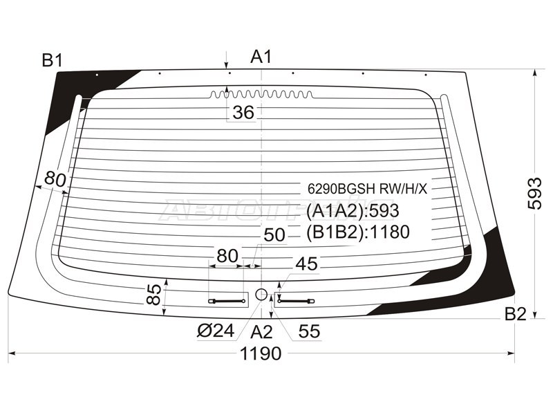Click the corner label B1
tap(53, 60)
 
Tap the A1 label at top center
tap(261, 57)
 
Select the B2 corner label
tap(515, 314)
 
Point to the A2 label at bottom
tap(261, 332)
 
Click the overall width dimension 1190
tap(261, 353)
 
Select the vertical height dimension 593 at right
tap(534, 194)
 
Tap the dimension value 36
tap(243, 113)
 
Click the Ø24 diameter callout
tap(216, 331)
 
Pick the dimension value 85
tap(153, 295)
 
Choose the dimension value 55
tap(309, 331)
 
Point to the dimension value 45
tap(306, 264)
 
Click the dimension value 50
tap(274, 235)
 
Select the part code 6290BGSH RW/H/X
tap(367, 189)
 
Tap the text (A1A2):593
tap(353, 211)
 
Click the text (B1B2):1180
tap(358, 232)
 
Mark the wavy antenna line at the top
tap(261, 94)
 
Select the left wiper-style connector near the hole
tap(227, 302)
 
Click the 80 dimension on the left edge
tap(55, 180)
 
